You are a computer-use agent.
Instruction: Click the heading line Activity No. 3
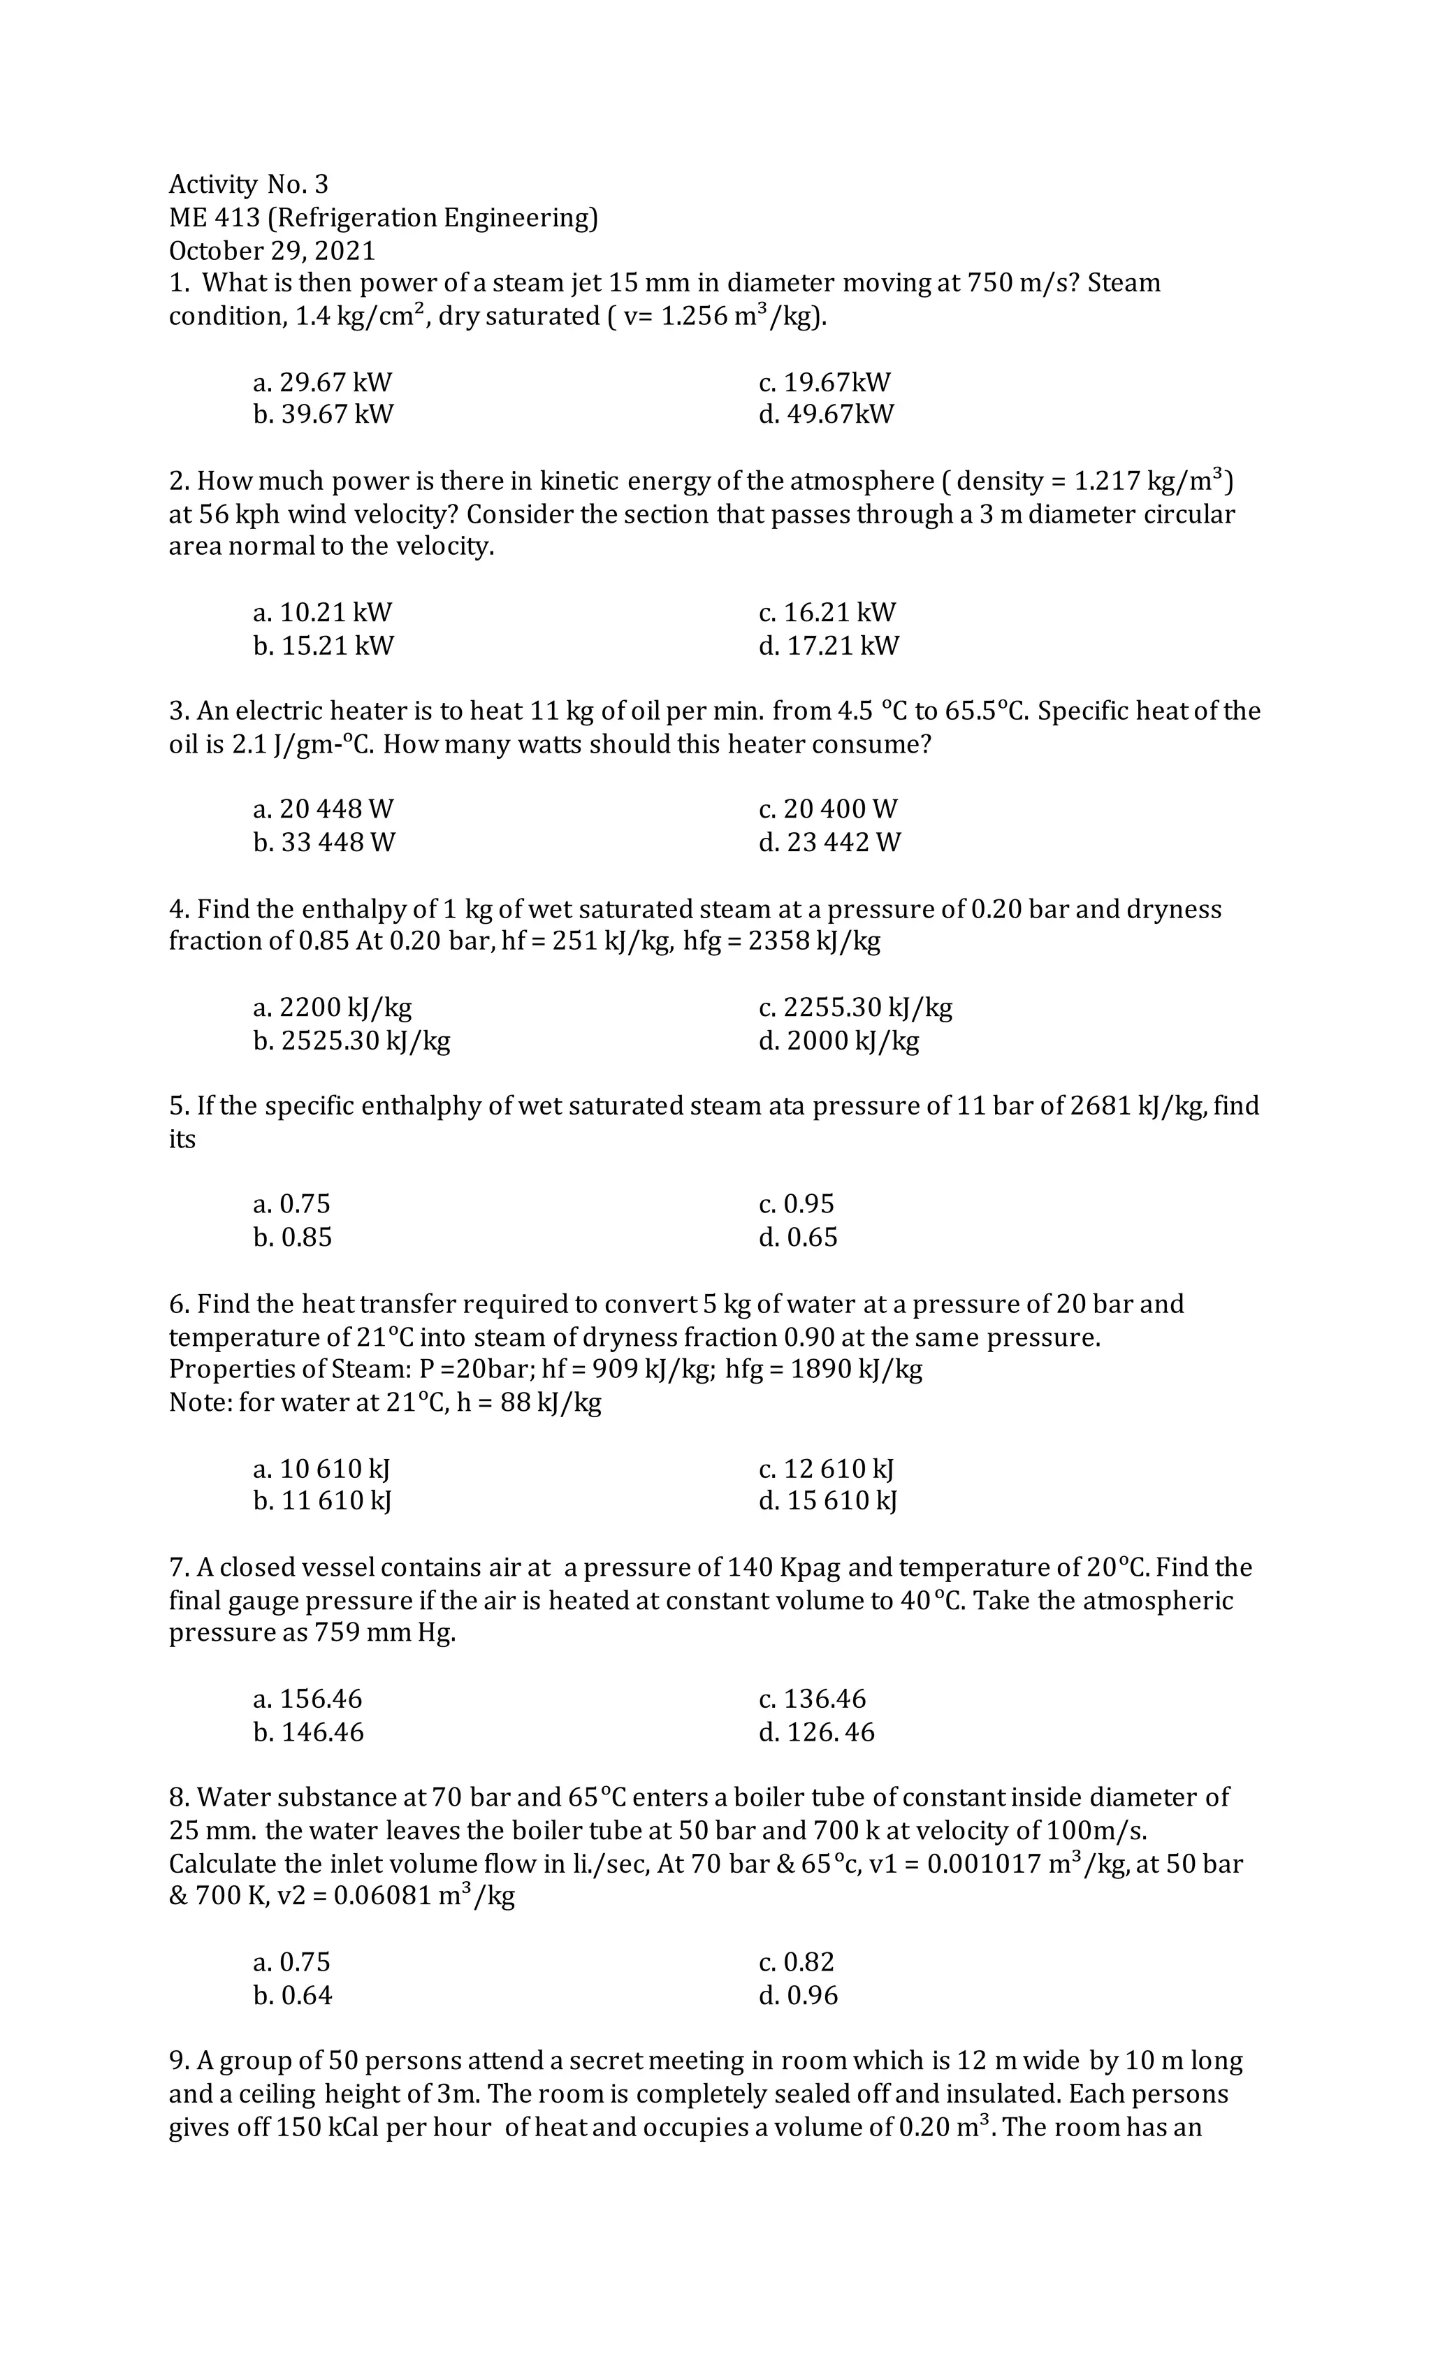248,184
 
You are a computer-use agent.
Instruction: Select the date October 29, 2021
272,251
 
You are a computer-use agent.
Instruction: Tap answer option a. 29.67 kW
322,383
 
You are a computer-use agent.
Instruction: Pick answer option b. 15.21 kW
324,646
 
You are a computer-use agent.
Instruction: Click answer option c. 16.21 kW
827,612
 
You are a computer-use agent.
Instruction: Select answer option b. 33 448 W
324,843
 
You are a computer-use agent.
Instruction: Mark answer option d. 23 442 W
829,843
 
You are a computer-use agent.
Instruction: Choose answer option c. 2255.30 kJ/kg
855,1007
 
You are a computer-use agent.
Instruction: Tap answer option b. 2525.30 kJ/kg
351,1040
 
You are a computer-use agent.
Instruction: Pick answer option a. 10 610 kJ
321,1468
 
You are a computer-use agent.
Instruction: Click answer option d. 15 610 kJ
827,1501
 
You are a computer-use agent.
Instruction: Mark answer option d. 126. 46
816,1732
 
